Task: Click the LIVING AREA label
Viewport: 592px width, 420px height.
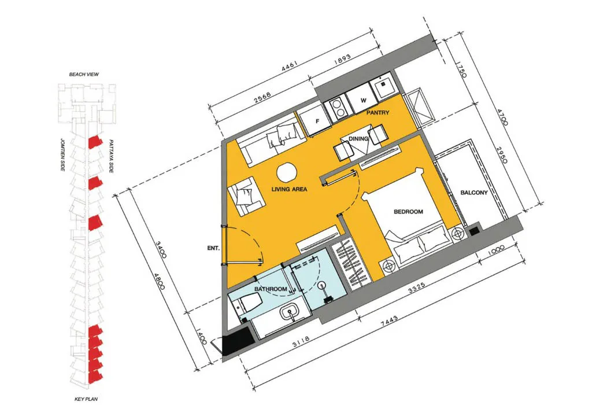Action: click(289, 189)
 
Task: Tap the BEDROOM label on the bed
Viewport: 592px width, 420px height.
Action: click(408, 212)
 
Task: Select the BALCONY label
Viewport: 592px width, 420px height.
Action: click(474, 193)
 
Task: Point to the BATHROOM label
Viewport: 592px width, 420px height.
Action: click(271, 289)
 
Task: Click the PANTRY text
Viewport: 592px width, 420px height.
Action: click(378, 113)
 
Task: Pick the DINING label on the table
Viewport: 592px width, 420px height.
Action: click(358, 139)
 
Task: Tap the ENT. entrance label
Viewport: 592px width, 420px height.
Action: click(213, 248)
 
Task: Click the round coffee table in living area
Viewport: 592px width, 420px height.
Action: click(287, 173)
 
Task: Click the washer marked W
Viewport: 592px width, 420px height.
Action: click(362, 99)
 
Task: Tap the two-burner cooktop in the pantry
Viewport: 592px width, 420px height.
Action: click(339, 107)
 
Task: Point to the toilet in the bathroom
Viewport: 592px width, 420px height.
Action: click(249, 301)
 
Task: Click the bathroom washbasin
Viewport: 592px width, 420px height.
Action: click(290, 313)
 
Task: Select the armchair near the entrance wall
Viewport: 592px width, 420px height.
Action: click(245, 196)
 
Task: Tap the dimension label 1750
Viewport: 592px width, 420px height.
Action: click(461, 70)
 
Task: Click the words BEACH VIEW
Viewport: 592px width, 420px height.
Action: click(84, 75)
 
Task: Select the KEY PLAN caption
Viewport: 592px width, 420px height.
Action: click(86, 399)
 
